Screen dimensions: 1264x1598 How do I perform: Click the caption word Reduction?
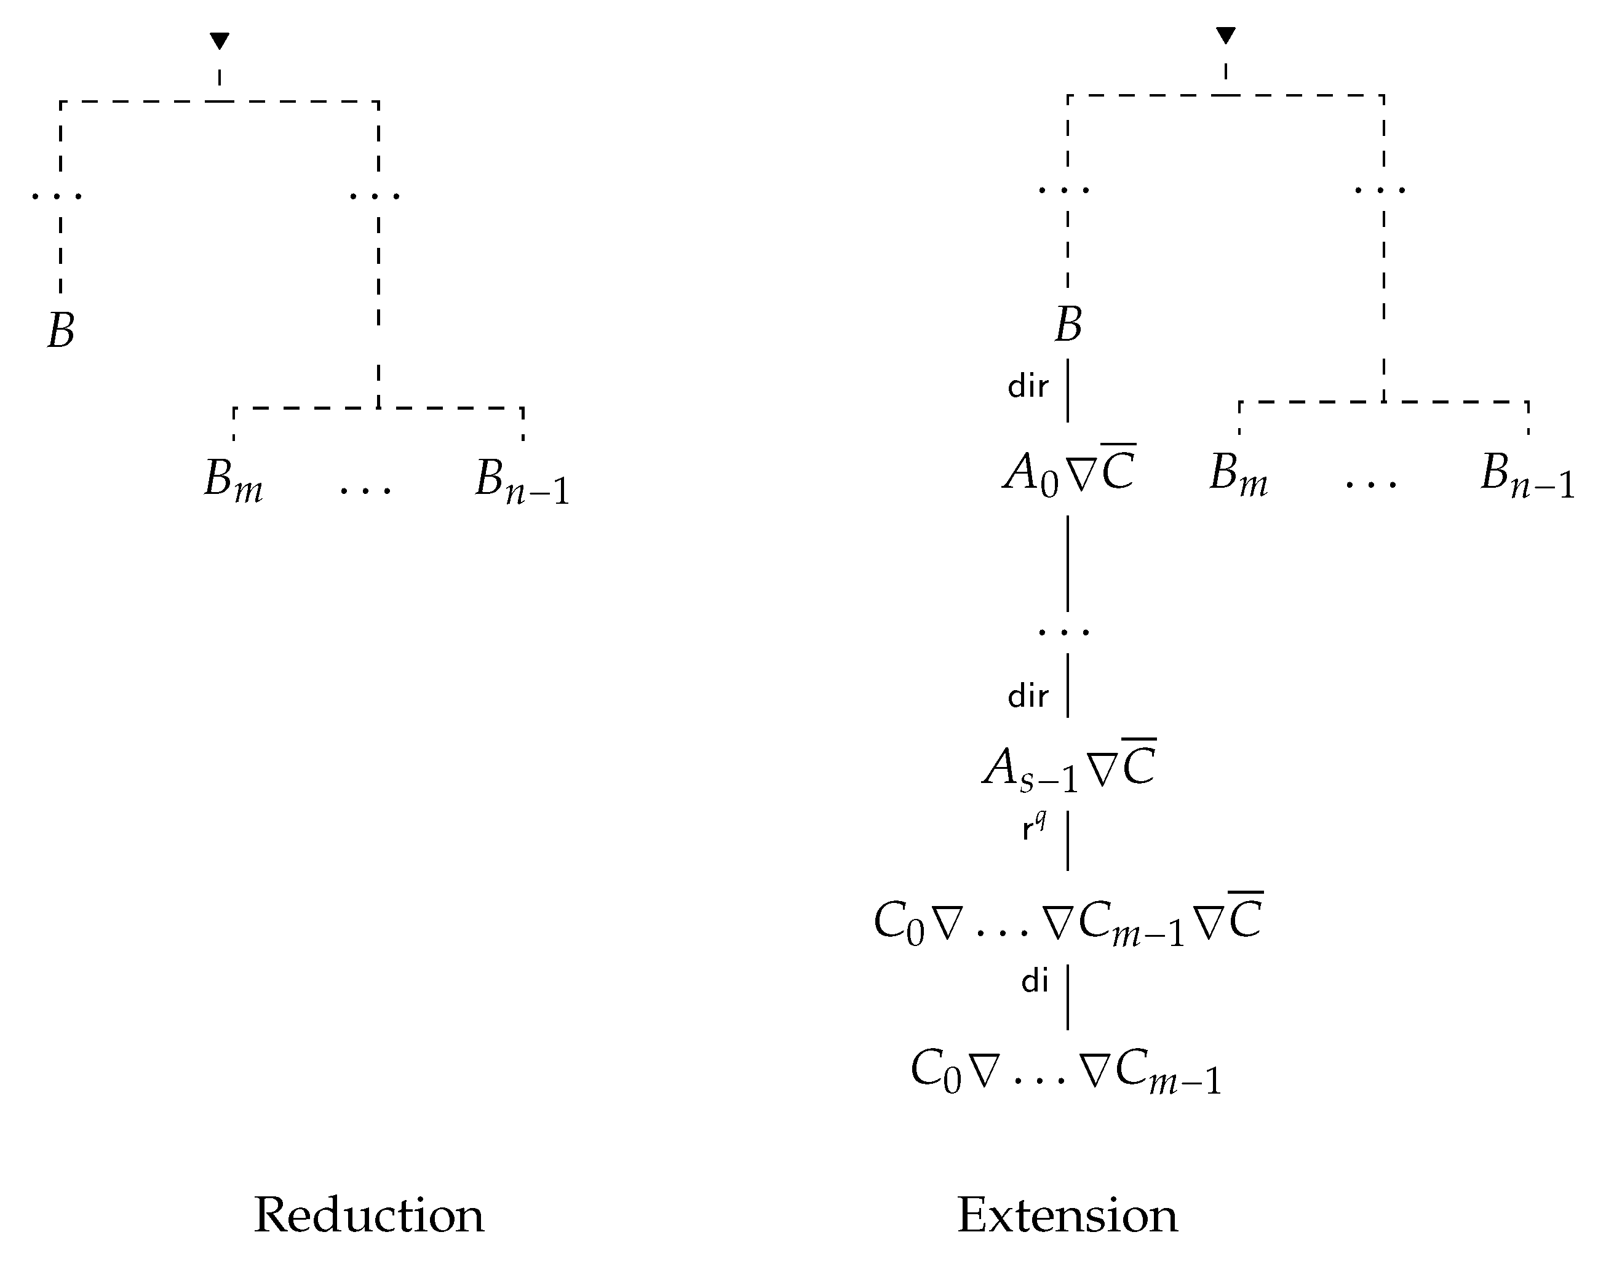click(368, 1215)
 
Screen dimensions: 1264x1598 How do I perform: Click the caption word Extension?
click(1067, 1215)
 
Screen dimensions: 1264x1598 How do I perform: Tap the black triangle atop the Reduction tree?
click(219, 41)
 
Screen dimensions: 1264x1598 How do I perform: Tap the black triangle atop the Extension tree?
click(1226, 35)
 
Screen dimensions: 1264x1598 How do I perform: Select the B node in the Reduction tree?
click(61, 330)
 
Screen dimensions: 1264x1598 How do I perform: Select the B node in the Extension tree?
click(1067, 324)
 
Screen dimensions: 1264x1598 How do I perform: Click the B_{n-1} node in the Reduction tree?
click(522, 481)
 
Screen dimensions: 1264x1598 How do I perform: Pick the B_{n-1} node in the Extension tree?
click(1527, 475)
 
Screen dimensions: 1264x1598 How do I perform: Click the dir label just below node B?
click(1028, 386)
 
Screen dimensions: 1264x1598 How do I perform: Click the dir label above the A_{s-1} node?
click(1028, 696)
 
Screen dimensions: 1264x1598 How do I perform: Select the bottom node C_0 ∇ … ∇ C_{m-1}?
click(1066, 1071)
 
